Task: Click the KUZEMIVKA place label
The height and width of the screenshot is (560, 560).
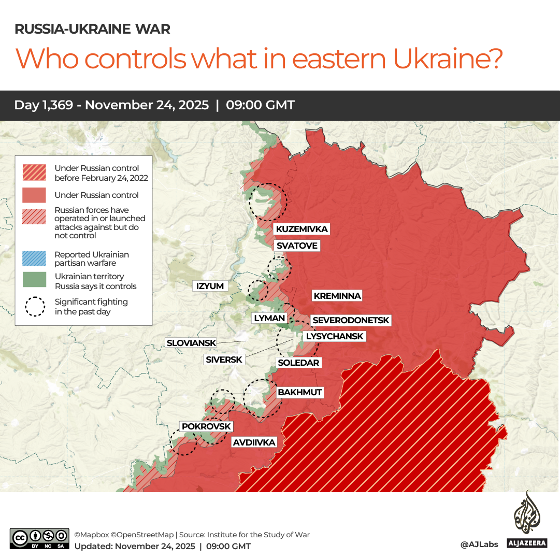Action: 301,229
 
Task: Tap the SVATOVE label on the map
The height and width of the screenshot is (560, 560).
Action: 296,246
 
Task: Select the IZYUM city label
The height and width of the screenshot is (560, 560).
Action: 210,286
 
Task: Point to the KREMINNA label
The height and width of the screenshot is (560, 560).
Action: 337,296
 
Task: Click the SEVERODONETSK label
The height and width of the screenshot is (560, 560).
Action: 350,321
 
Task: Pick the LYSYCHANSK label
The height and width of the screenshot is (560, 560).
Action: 334,336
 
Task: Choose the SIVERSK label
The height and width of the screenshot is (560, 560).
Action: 224,360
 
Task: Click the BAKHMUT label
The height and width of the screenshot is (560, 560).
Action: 299,392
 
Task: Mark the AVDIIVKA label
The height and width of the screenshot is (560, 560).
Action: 253,442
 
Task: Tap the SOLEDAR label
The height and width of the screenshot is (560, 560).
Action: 298,363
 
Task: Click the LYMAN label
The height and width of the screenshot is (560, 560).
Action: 269,318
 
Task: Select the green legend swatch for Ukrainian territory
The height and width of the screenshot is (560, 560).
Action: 34,280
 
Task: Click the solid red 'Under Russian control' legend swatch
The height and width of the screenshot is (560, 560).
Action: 34,195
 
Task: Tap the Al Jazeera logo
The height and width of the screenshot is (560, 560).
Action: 527,520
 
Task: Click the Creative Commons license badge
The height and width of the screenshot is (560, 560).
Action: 39,539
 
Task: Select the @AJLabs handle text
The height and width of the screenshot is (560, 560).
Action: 479,544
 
